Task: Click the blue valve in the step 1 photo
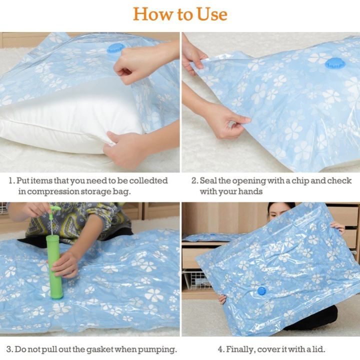coord(115,48)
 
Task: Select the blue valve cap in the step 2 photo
coord(333,63)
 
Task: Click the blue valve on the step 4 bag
coord(261,290)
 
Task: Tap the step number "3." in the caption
coord(9,349)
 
